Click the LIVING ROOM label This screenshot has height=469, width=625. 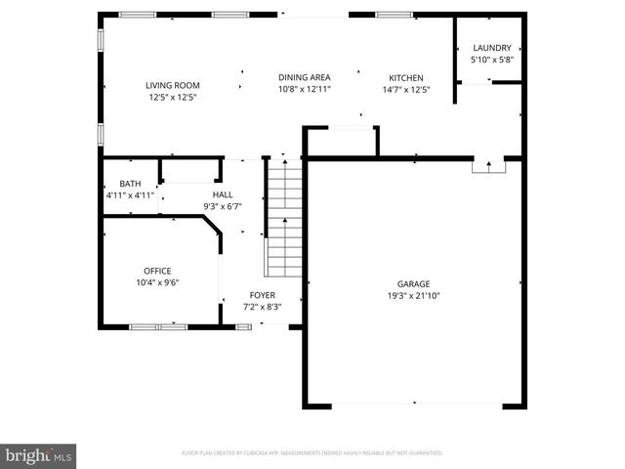pos(173,85)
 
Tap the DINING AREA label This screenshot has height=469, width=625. pos(304,77)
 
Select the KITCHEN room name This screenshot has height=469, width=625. pos(406,77)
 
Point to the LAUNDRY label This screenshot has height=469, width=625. pos(491,48)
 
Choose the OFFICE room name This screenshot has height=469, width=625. pos(156,271)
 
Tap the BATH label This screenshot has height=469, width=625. pos(130,184)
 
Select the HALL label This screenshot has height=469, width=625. pos(222,194)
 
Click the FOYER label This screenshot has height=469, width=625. pos(262,294)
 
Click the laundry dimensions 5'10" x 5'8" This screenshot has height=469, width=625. pos(491,60)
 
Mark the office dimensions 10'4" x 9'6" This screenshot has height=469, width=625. pos(156,282)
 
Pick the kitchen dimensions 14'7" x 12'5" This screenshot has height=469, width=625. pos(406,89)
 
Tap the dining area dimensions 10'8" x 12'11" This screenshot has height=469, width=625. pos(304,89)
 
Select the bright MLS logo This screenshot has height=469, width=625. pos(39,455)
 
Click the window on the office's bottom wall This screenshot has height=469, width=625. pos(158,326)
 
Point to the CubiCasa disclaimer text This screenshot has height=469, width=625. pos(312,452)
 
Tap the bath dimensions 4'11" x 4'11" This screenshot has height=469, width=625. pos(130,195)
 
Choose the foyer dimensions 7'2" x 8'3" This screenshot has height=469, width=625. pos(262,306)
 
